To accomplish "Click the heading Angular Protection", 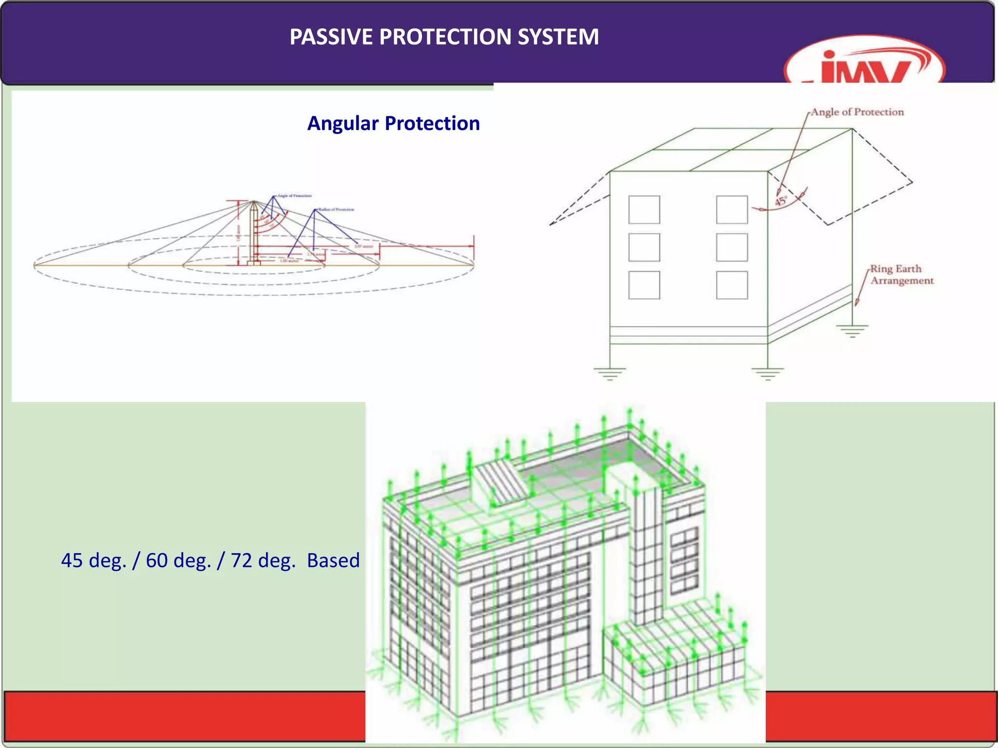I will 393,123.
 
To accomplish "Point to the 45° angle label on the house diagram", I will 781,201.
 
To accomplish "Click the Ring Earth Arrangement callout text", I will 902,275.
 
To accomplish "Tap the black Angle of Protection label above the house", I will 857,112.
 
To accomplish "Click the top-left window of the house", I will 644,209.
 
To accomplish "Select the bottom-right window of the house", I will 731,285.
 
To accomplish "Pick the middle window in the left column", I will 644,247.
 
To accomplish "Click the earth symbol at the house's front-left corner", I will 610,374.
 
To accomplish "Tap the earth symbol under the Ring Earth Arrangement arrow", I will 852,331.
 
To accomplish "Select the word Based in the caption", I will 333,561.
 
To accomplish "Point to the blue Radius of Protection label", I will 336,209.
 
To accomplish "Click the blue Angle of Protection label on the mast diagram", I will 294,196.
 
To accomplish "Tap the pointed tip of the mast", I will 253,201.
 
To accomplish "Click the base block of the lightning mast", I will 253,263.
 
